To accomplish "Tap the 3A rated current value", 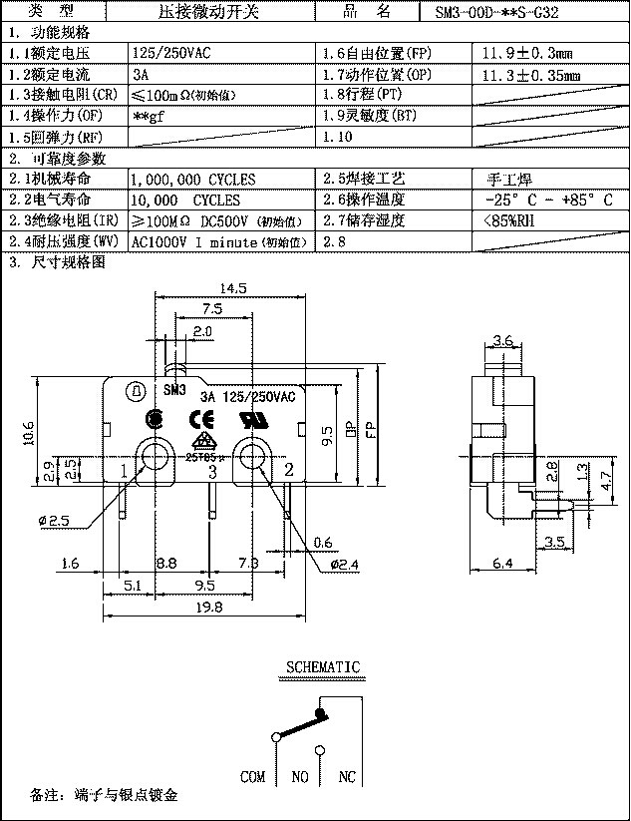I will coord(141,75).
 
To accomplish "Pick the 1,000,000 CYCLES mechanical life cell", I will coord(193,180).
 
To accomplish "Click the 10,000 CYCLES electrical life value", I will coord(185,201).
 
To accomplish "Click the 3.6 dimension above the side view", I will coord(502,341).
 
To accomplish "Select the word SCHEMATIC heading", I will coord(323,666).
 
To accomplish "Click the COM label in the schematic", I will coord(253,776).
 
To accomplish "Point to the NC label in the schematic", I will coord(347,776).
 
